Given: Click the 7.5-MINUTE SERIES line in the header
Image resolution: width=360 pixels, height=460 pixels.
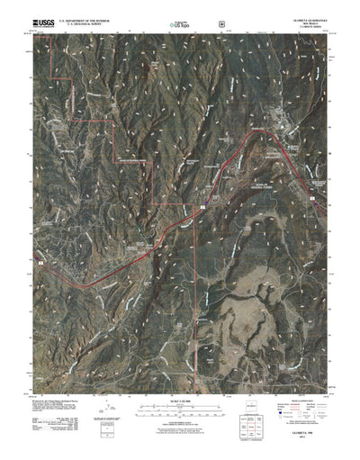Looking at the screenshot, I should click(298, 24).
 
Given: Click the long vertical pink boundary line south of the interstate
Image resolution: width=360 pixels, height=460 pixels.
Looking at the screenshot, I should click(195, 288).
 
